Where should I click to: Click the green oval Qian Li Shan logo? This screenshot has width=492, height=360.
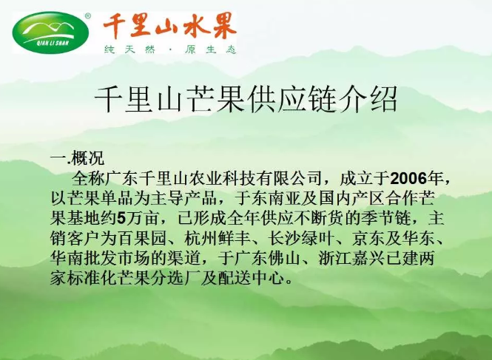(50, 33)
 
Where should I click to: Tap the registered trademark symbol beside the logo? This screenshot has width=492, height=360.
(88, 16)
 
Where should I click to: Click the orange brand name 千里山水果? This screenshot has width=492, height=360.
(169, 26)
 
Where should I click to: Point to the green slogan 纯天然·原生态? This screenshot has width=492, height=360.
(170, 50)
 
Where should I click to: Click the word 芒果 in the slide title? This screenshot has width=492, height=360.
(217, 99)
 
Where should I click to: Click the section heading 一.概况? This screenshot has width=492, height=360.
(77, 158)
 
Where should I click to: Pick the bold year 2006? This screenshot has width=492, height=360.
(408, 179)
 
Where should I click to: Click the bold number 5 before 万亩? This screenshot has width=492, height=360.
(121, 219)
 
